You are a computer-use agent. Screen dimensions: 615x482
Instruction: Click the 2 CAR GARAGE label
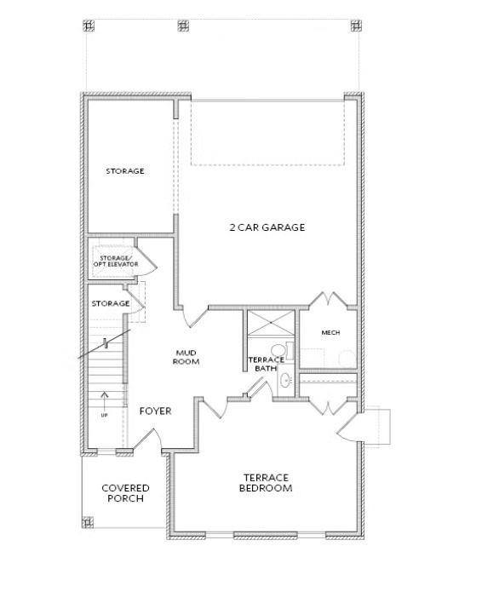pyautogui.click(x=267, y=227)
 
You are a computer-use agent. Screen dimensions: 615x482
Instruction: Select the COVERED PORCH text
pyautogui.click(x=126, y=492)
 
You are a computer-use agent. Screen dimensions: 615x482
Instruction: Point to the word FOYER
pyautogui.click(x=155, y=411)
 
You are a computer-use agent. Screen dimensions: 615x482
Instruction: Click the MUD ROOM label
pyautogui.click(x=186, y=356)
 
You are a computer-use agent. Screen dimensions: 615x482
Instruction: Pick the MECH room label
pyautogui.click(x=331, y=332)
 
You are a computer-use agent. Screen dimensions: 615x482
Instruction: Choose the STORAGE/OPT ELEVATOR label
pyautogui.click(x=114, y=260)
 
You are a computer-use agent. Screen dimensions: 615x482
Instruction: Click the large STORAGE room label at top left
pyautogui.click(x=125, y=171)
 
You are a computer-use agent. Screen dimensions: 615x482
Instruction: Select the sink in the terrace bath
pyautogui.click(x=286, y=380)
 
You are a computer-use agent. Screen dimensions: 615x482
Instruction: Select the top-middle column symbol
pyautogui.click(x=182, y=25)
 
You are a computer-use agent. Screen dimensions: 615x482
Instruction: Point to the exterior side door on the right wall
pyautogui.click(x=351, y=426)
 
